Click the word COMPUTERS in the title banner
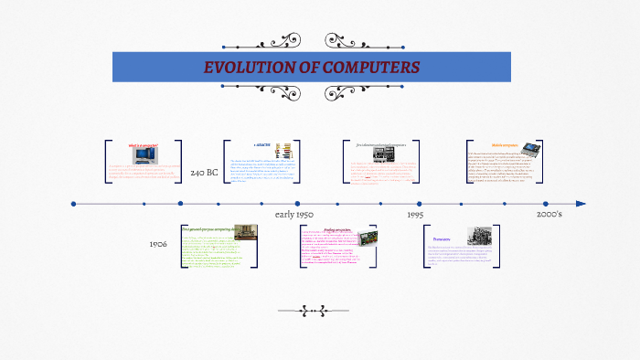pyautogui.click(x=369, y=68)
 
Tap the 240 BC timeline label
pyautogui.click(x=204, y=173)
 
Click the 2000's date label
pyautogui.click(x=549, y=214)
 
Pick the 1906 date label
pyautogui.click(x=158, y=245)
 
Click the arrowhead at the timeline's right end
pyautogui.click(x=581, y=204)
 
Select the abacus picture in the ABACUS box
pyautogui.click(x=284, y=151)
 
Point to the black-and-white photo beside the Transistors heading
pyautogui.click(x=478, y=236)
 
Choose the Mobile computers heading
pyautogui.click(x=506, y=144)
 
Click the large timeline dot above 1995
pyautogui.click(x=420, y=204)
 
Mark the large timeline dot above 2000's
pyautogui.click(x=546, y=204)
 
